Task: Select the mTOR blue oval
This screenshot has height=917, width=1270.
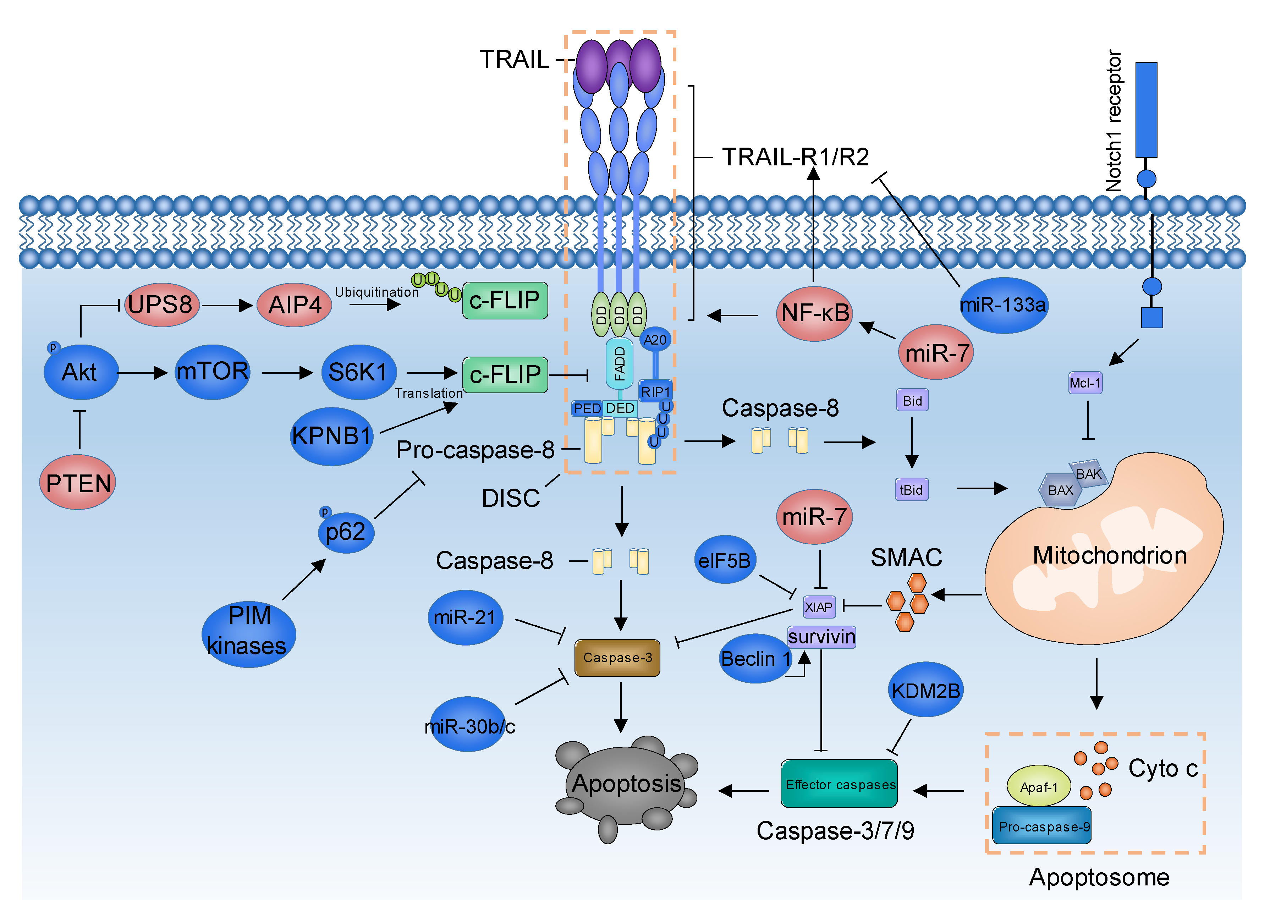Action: click(212, 372)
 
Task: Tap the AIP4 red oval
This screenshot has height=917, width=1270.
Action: click(295, 305)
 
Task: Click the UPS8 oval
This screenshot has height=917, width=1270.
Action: click(161, 305)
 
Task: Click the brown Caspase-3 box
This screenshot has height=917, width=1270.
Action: click(617, 658)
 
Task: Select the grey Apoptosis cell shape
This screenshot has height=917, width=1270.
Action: click(626, 784)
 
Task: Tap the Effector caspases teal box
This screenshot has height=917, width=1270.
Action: click(839, 784)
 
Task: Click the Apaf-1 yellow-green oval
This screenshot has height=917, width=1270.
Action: click(1039, 786)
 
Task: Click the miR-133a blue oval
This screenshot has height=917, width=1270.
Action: click(1004, 305)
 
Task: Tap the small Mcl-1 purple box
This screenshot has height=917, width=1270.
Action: click(1085, 383)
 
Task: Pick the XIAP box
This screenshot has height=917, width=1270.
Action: click(819, 607)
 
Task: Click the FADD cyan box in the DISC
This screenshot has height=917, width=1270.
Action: click(619, 363)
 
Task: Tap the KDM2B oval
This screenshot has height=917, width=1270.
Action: click(926, 690)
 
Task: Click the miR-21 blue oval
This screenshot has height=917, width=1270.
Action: click(465, 617)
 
